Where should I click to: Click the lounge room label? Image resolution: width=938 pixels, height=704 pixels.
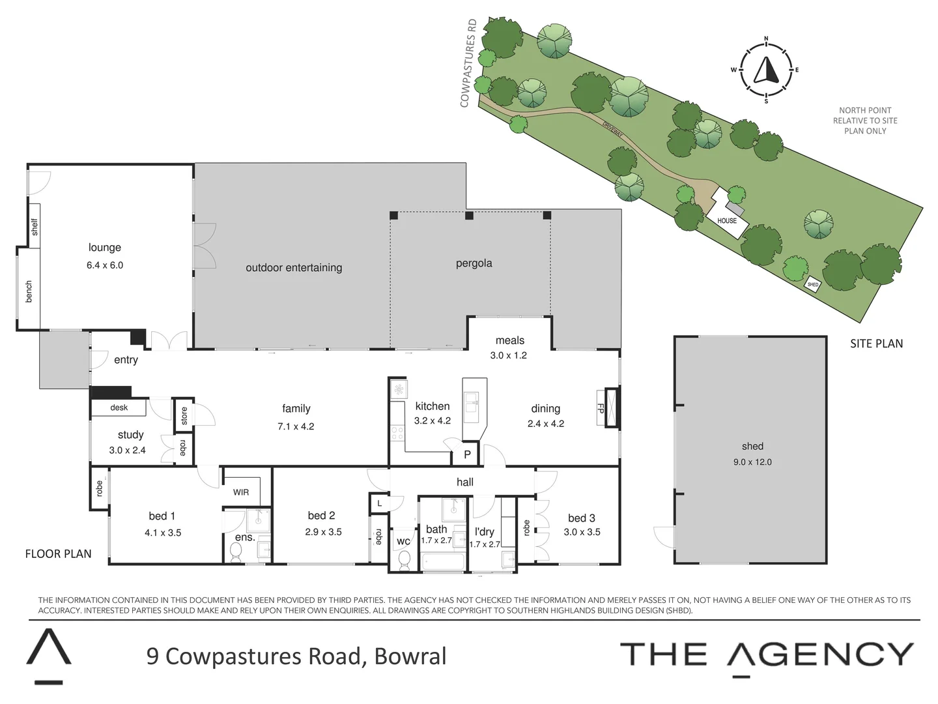105,248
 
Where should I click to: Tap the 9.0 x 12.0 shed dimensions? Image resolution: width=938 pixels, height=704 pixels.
752,462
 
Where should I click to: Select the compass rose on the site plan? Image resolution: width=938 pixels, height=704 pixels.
766,70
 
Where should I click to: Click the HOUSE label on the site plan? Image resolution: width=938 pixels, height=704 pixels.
727,221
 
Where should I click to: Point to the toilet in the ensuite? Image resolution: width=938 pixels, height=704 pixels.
236,553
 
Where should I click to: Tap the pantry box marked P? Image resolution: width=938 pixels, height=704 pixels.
467,455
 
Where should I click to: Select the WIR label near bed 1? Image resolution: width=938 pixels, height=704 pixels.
241,492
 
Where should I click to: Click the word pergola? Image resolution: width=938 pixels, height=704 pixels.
474,263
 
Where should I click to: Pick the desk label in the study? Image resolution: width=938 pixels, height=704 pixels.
119,407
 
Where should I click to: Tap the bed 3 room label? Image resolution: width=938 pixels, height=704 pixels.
581,518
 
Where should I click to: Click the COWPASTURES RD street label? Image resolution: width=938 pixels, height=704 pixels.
468,63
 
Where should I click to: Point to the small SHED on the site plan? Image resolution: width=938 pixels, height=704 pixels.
812,285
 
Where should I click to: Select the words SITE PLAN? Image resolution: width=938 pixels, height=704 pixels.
876,344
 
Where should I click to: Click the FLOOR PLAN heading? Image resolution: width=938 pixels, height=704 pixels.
58,554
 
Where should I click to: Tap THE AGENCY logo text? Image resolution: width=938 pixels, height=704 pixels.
767,654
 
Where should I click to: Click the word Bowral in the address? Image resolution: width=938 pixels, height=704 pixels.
410,656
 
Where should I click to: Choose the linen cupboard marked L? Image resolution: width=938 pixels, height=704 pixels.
380,503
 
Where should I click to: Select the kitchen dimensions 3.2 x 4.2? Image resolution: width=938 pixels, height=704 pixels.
433,421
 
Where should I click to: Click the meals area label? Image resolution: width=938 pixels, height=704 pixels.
509,340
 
